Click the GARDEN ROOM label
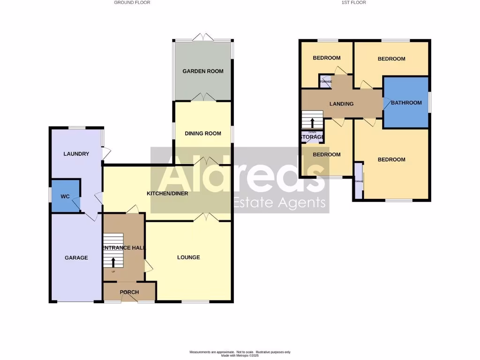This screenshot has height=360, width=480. (202, 71)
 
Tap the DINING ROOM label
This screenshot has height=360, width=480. (202, 134)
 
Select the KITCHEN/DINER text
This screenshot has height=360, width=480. (167, 194)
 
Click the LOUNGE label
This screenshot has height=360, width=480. (188, 257)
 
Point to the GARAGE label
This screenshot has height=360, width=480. (76, 257)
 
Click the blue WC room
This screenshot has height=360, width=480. (65, 196)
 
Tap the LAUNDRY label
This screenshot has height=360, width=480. (76, 154)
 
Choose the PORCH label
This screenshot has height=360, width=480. (129, 292)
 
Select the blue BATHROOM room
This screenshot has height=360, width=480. (406, 103)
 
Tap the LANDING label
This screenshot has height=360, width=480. (341, 104)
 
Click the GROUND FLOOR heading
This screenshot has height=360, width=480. (132, 2)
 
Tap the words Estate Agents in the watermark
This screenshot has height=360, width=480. (279, 202)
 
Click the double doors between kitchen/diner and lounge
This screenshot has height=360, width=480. (206, 217)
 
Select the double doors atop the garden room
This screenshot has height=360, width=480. (202, 37)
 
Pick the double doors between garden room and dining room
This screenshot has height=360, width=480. (202, 97)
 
